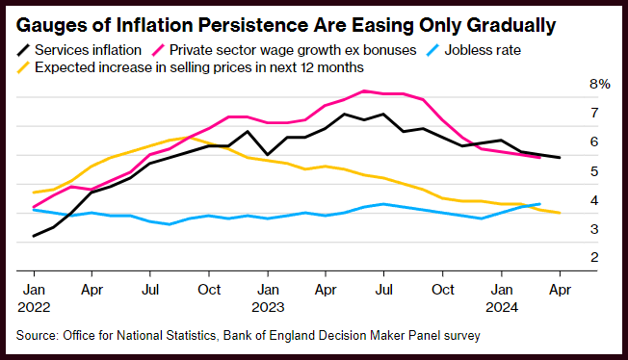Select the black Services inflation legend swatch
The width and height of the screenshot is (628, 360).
[x=24, y=50]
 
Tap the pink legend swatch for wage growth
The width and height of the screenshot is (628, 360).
[x=158, y=50]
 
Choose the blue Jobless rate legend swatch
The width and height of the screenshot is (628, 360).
[x=432, y=50]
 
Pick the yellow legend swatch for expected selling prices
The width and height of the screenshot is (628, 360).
[x=24, y=67]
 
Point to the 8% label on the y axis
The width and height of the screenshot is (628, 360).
[x=599, y=84]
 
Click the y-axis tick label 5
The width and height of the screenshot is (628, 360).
[x=594, y=171]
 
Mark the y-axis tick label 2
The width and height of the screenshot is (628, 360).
[x=594, y=257]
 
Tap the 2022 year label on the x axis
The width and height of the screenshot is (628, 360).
[x=34, y=308]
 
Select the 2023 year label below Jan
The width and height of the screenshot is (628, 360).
[x=268, y=308]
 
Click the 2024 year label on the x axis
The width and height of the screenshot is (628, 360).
[x=502, y=308]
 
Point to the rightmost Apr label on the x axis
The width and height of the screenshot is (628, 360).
[x=560, y=290]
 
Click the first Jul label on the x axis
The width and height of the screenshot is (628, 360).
[x=150, y=290]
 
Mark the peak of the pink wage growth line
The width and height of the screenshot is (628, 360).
[x=364, y=90]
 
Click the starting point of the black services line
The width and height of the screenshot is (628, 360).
[x=34, y=236]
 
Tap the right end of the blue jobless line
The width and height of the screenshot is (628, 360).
[x=540, y=204]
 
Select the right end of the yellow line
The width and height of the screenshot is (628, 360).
[x=560, y=213]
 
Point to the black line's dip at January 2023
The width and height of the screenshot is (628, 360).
[x=268, y=154]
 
